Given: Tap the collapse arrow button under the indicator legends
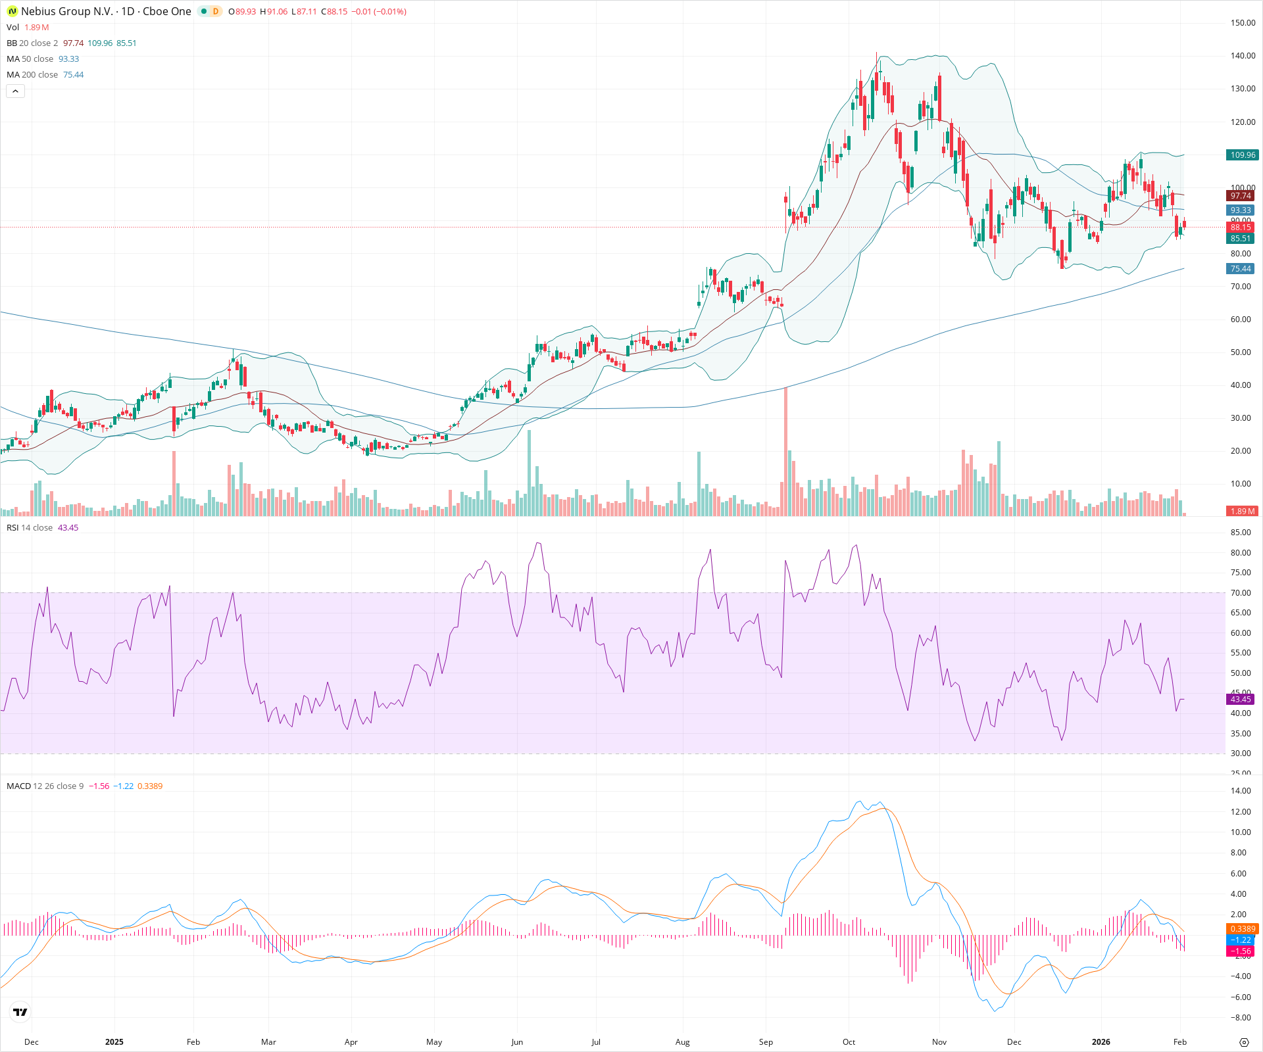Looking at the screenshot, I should (x=15, y=91).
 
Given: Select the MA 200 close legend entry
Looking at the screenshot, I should (x=32, y=75).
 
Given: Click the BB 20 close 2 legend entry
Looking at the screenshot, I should (x=32, y=43).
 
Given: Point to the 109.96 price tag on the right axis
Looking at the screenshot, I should (x=1242, y=155).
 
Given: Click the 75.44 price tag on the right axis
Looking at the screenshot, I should (x=1241, y=269).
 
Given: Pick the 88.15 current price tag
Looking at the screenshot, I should (x=1241, y=227).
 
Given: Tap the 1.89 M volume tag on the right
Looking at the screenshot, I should (x=1242, y=511).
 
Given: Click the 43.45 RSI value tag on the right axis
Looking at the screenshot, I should (x=1241, y=700).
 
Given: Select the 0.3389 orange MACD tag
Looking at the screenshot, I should (x=1242, y=929).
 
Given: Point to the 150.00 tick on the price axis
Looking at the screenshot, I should (x=1243, y=23).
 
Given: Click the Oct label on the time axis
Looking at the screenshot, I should (x=849, y=1042).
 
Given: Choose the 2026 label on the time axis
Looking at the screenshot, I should (x=1101, y=1042).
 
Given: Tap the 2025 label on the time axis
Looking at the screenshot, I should (x=114, y=1042).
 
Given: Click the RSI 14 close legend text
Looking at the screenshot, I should (x=30, y=528).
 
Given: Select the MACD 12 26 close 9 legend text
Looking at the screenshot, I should (x=45, y=786).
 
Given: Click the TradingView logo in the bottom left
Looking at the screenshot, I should (x=20, y=1012).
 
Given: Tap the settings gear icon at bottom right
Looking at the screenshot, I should (x=1243, y=1042).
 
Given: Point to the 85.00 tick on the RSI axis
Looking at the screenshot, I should (x=1241, y=533).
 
